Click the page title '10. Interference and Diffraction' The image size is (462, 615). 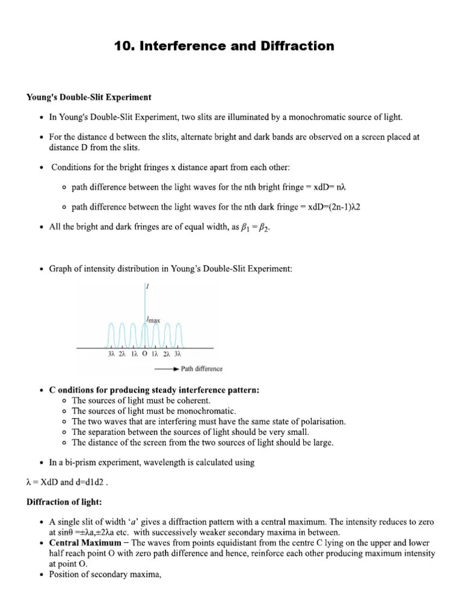pyautogui.click(x=224, y=46)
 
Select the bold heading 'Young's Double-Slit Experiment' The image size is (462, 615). pyautogui.click(x=88, y=97)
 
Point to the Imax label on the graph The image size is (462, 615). pyautogui.click(x=153, y=320)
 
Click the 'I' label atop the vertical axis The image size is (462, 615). pyautogui.click(x=148, y=287)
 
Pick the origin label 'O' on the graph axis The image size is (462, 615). pyautogui.click(x=144, y=355)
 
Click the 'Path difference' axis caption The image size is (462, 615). pyautogui.click(x=202, y=369)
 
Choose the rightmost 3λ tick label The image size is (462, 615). pyautogui.click(x=177, y=355)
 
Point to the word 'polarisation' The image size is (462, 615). pyautogui.click(x=321, y=422)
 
